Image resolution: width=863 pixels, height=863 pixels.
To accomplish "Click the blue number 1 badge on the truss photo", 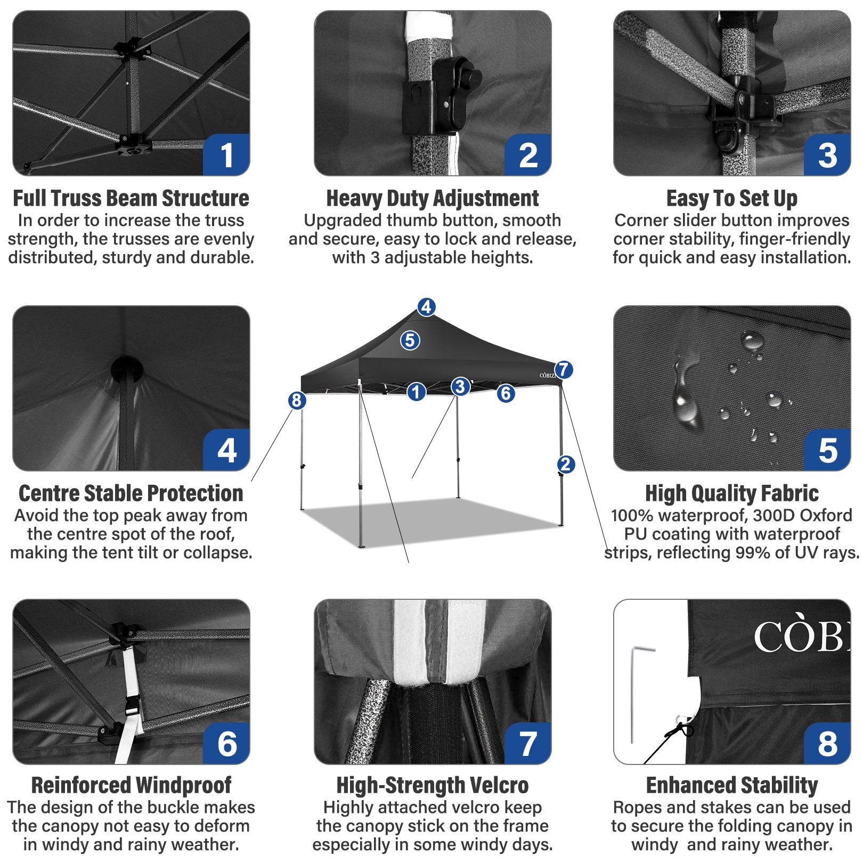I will point(226,155).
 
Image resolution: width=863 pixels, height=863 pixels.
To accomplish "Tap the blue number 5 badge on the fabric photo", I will point(827,450).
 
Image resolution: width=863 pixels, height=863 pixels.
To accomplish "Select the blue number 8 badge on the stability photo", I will point(827,744).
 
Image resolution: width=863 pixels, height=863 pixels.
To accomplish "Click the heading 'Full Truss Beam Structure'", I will point(131,198).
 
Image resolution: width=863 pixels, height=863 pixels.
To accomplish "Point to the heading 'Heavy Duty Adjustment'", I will point(432,198).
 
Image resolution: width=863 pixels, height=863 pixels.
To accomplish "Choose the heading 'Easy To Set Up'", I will point(731,198).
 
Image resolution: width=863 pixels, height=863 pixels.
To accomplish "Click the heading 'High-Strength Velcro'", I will point(432,785).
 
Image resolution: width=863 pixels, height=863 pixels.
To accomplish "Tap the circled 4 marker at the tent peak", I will point(426,307).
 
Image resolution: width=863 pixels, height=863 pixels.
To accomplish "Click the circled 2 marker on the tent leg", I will point(566,464).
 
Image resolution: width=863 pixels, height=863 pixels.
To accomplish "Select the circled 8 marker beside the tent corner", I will point(297,400).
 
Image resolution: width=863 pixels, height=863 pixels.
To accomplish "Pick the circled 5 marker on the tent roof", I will point(410,340).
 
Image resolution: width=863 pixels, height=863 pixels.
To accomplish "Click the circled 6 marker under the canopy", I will point(506,393).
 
